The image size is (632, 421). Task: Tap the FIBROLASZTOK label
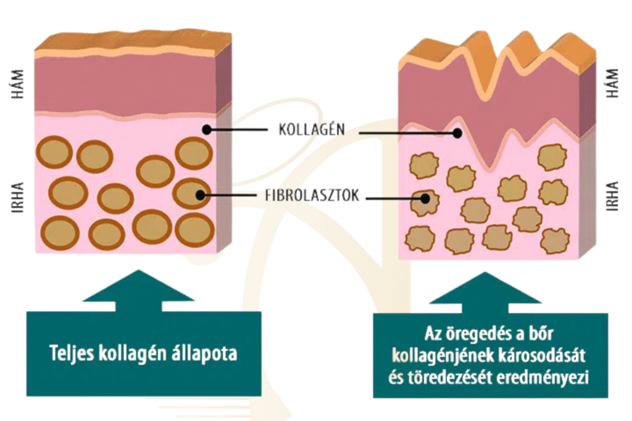(312, 197)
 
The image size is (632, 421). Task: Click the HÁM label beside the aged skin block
(612, 86)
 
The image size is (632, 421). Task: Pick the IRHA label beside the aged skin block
(612, 195)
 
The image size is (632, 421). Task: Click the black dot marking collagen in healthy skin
(207, 130)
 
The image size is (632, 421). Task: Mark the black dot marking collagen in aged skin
(457, 133)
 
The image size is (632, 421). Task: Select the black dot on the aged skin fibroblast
(425, 198)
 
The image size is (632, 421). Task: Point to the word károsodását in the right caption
(546, 356)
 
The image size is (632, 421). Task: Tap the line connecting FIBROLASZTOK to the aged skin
(395, 198)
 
